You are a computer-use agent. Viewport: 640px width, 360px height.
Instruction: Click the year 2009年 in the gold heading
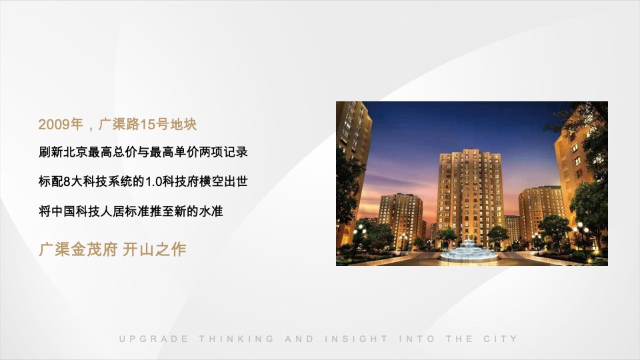pyautogui.click(x=61, y=124)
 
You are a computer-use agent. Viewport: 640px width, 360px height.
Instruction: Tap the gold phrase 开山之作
pyautogui.click(x=155, y=250)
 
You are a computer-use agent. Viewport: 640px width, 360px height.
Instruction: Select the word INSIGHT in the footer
pyautogui.click(x=357, y=339)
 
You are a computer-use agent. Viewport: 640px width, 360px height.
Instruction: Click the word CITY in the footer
pyautogui.click(x=501, y=339)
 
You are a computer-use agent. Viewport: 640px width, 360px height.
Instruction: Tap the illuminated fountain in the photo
pyautogui.click(x=469, y=251)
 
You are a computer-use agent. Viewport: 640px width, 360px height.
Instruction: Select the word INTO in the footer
pyautogui.click(x=417, y=339)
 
